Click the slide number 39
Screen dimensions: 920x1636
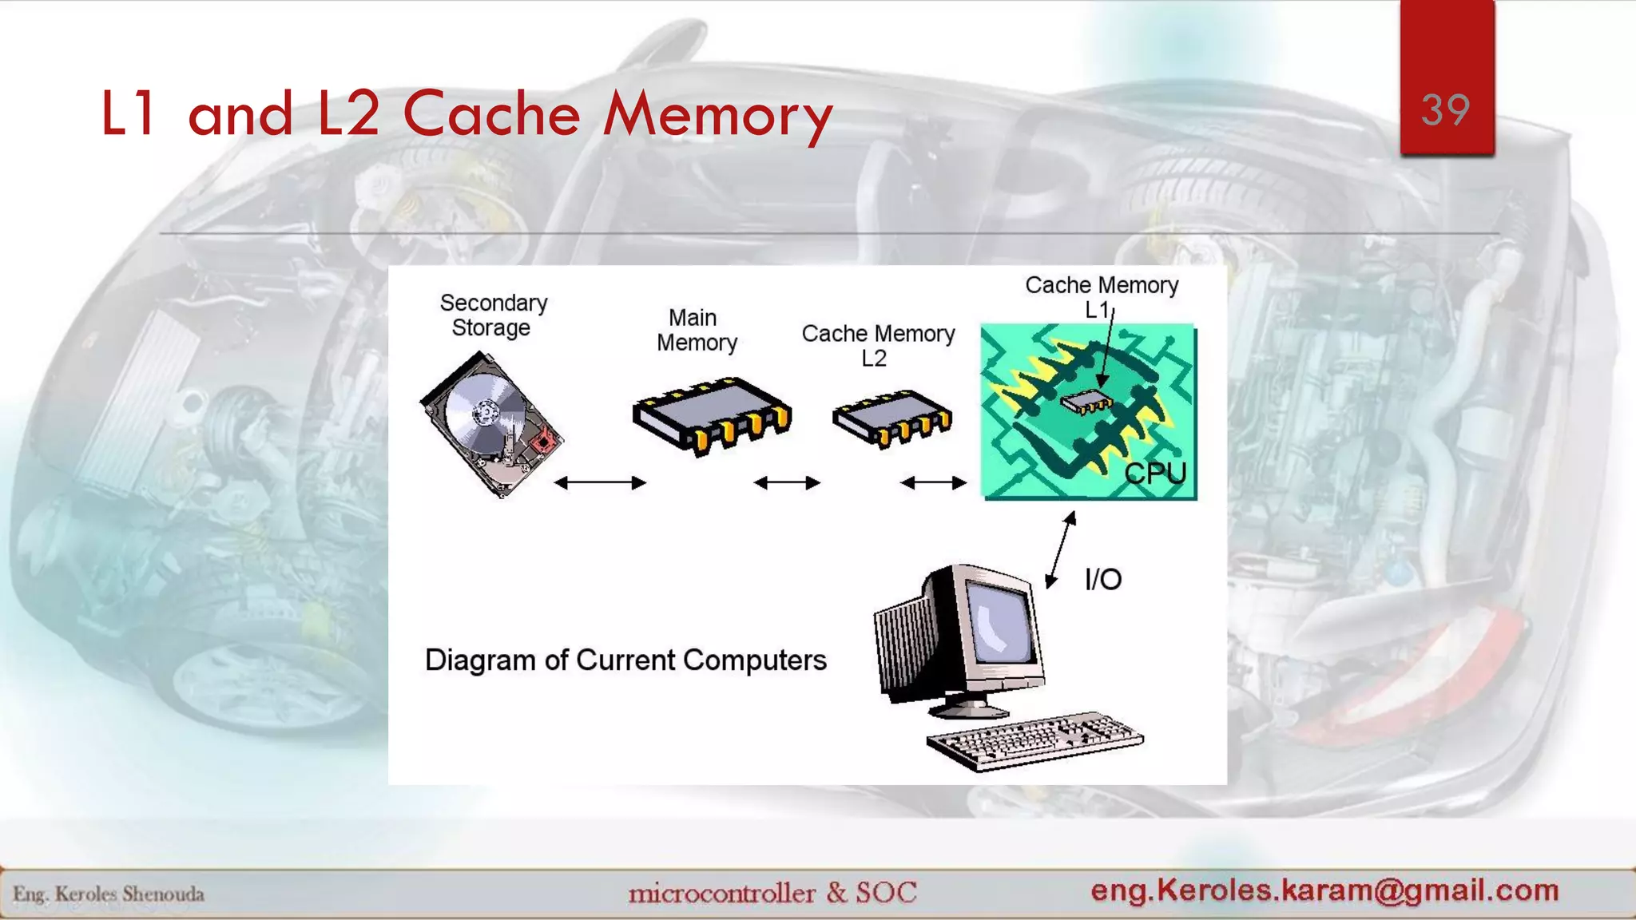click(x=1445, y=110)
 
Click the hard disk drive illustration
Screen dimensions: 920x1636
click(x=490, y=424)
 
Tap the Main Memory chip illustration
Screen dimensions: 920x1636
click(x=711, y=415)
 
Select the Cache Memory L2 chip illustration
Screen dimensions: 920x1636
click(x=892, y=418)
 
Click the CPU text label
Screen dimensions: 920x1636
click(x=1155, y=474)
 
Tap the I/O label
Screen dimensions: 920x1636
click(x=1103, y=579)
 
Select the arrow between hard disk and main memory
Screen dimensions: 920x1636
click(x=599, y=482)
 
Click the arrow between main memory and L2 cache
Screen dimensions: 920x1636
click(x=787, y=482)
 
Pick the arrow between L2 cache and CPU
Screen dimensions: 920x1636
click(x=933, y=482)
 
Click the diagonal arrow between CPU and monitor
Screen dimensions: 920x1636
click(x=1061, y=551)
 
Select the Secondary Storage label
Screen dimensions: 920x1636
click(x=493, y=315)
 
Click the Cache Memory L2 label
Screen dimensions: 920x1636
click(x=878, y=345)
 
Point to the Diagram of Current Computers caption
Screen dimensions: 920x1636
click(x=625, y=660)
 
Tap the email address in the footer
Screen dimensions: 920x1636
click(x=1324, y=890)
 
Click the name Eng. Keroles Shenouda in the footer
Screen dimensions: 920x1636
click(x=109, y=894)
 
